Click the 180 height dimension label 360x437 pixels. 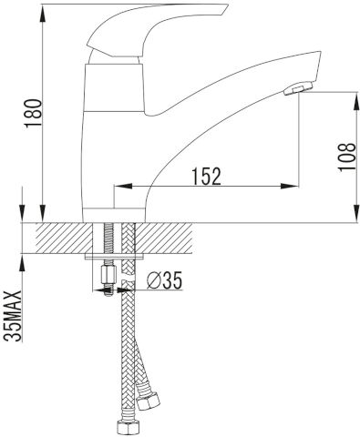pos(34,113)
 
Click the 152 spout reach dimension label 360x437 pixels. pos(206,176)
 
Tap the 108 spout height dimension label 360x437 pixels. pos(347,157)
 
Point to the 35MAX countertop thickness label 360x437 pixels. pos(14,316)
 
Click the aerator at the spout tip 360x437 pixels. pos(298,88)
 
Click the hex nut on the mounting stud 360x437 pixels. pos(108,275)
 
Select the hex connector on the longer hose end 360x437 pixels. pos(126,428)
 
